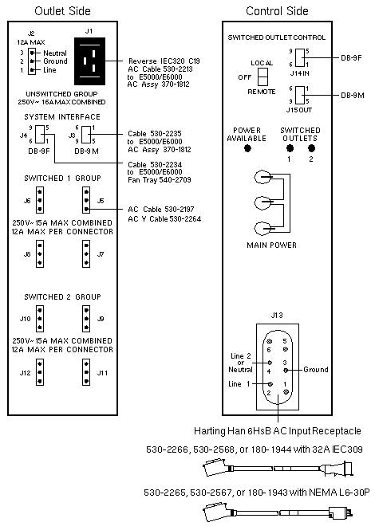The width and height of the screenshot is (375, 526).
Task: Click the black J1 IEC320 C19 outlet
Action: click(89, 61)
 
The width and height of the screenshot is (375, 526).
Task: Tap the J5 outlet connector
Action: click(86, 200)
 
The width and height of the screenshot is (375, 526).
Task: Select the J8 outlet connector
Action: click(40, 254)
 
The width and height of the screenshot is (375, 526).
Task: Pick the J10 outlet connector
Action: click(40, 319)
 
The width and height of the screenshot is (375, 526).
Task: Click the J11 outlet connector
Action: click(86, 372)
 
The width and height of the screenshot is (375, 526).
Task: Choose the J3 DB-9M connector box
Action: click(86, 134)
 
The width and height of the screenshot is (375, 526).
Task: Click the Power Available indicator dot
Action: click(248, 148)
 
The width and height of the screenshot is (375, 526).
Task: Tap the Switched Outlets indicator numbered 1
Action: click(290, 148)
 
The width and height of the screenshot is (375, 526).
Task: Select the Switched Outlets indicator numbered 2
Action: click(311, 148)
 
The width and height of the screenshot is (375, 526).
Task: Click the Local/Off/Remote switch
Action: click(262, 77)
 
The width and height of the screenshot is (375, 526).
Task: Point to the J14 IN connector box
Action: click(300, 57)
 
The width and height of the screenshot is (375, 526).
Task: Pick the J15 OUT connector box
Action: click(300, 96)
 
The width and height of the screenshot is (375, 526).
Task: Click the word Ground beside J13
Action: click(316, 369)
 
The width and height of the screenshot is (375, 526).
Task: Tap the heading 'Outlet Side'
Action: click(62, 11)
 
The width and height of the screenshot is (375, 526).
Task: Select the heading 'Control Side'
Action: click(277, 11)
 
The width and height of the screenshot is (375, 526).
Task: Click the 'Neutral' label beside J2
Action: click(55, 53)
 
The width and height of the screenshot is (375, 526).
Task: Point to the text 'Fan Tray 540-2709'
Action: click(160, 180)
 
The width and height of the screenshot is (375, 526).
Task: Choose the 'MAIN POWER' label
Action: click(271, 245)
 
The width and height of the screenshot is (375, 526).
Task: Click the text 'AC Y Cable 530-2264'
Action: click(164, 218)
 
